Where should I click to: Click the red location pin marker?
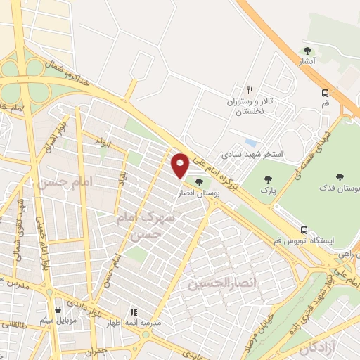point(180,165)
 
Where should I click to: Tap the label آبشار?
point(307,62)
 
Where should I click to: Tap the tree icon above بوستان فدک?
point(340,177)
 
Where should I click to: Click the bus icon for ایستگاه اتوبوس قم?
point(304,230)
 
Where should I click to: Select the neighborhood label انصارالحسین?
point(219,283)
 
